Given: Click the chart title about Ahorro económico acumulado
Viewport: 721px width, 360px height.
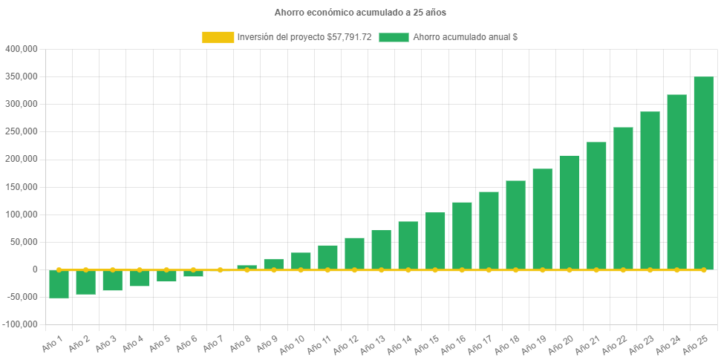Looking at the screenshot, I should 360,13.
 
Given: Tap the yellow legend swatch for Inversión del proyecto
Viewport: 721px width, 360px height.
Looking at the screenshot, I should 218,37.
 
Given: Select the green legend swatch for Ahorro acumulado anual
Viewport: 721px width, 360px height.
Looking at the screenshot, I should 394,37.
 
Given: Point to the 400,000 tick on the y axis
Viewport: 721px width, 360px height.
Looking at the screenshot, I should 22,49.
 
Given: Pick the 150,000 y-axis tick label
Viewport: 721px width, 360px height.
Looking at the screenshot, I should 22,187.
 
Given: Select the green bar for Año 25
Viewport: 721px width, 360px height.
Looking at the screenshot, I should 703,173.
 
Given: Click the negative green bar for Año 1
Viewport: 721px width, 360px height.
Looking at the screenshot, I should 59,284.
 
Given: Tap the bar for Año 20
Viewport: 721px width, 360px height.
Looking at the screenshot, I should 569,212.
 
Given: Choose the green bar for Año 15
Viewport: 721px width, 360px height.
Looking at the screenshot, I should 435,241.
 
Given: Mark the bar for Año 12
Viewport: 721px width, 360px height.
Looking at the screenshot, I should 354,254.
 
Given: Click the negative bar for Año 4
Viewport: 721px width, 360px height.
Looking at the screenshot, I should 140,278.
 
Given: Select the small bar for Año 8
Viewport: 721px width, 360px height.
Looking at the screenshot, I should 247,267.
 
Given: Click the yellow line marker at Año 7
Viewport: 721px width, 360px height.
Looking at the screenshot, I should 220,270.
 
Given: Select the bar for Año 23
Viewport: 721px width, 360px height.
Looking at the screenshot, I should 650,191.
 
